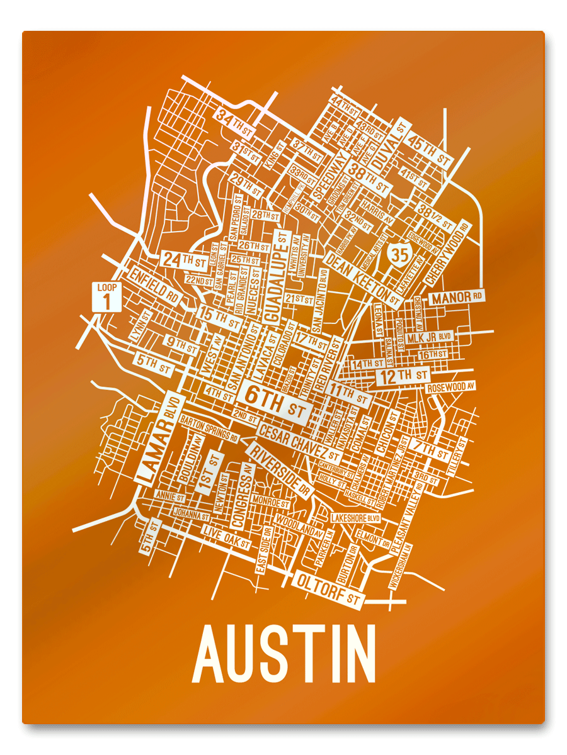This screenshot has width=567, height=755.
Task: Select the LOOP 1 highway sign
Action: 107,296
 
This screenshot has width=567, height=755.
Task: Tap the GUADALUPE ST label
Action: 278,275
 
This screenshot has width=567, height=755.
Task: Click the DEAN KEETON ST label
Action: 363,276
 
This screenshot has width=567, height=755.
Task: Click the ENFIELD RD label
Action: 154,285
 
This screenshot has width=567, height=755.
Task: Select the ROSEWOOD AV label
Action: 451,387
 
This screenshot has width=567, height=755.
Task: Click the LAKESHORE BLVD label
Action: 356,518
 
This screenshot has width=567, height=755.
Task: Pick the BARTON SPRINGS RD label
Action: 209,428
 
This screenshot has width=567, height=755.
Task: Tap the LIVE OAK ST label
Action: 226,537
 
